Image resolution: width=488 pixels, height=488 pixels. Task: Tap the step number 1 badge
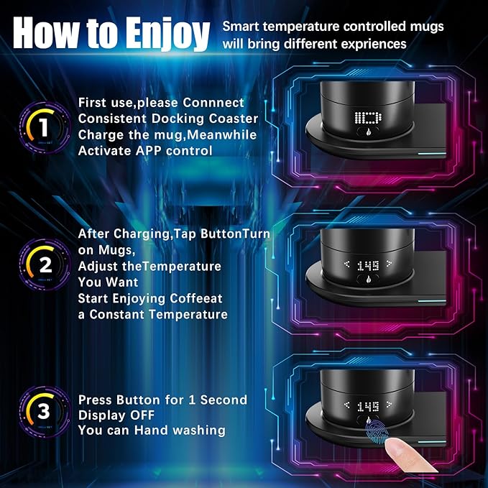click(x=44, y=127)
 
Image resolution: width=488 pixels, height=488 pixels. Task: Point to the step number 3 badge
click(x=44, y=412)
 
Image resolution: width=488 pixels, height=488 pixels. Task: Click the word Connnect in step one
click(x=209, y=103)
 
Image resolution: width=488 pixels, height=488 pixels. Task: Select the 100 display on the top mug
click(x=367, y=118)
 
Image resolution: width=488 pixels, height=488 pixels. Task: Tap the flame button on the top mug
click(x=369, y=135)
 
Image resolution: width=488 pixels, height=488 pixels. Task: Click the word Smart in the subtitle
click(x=241, y=27)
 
